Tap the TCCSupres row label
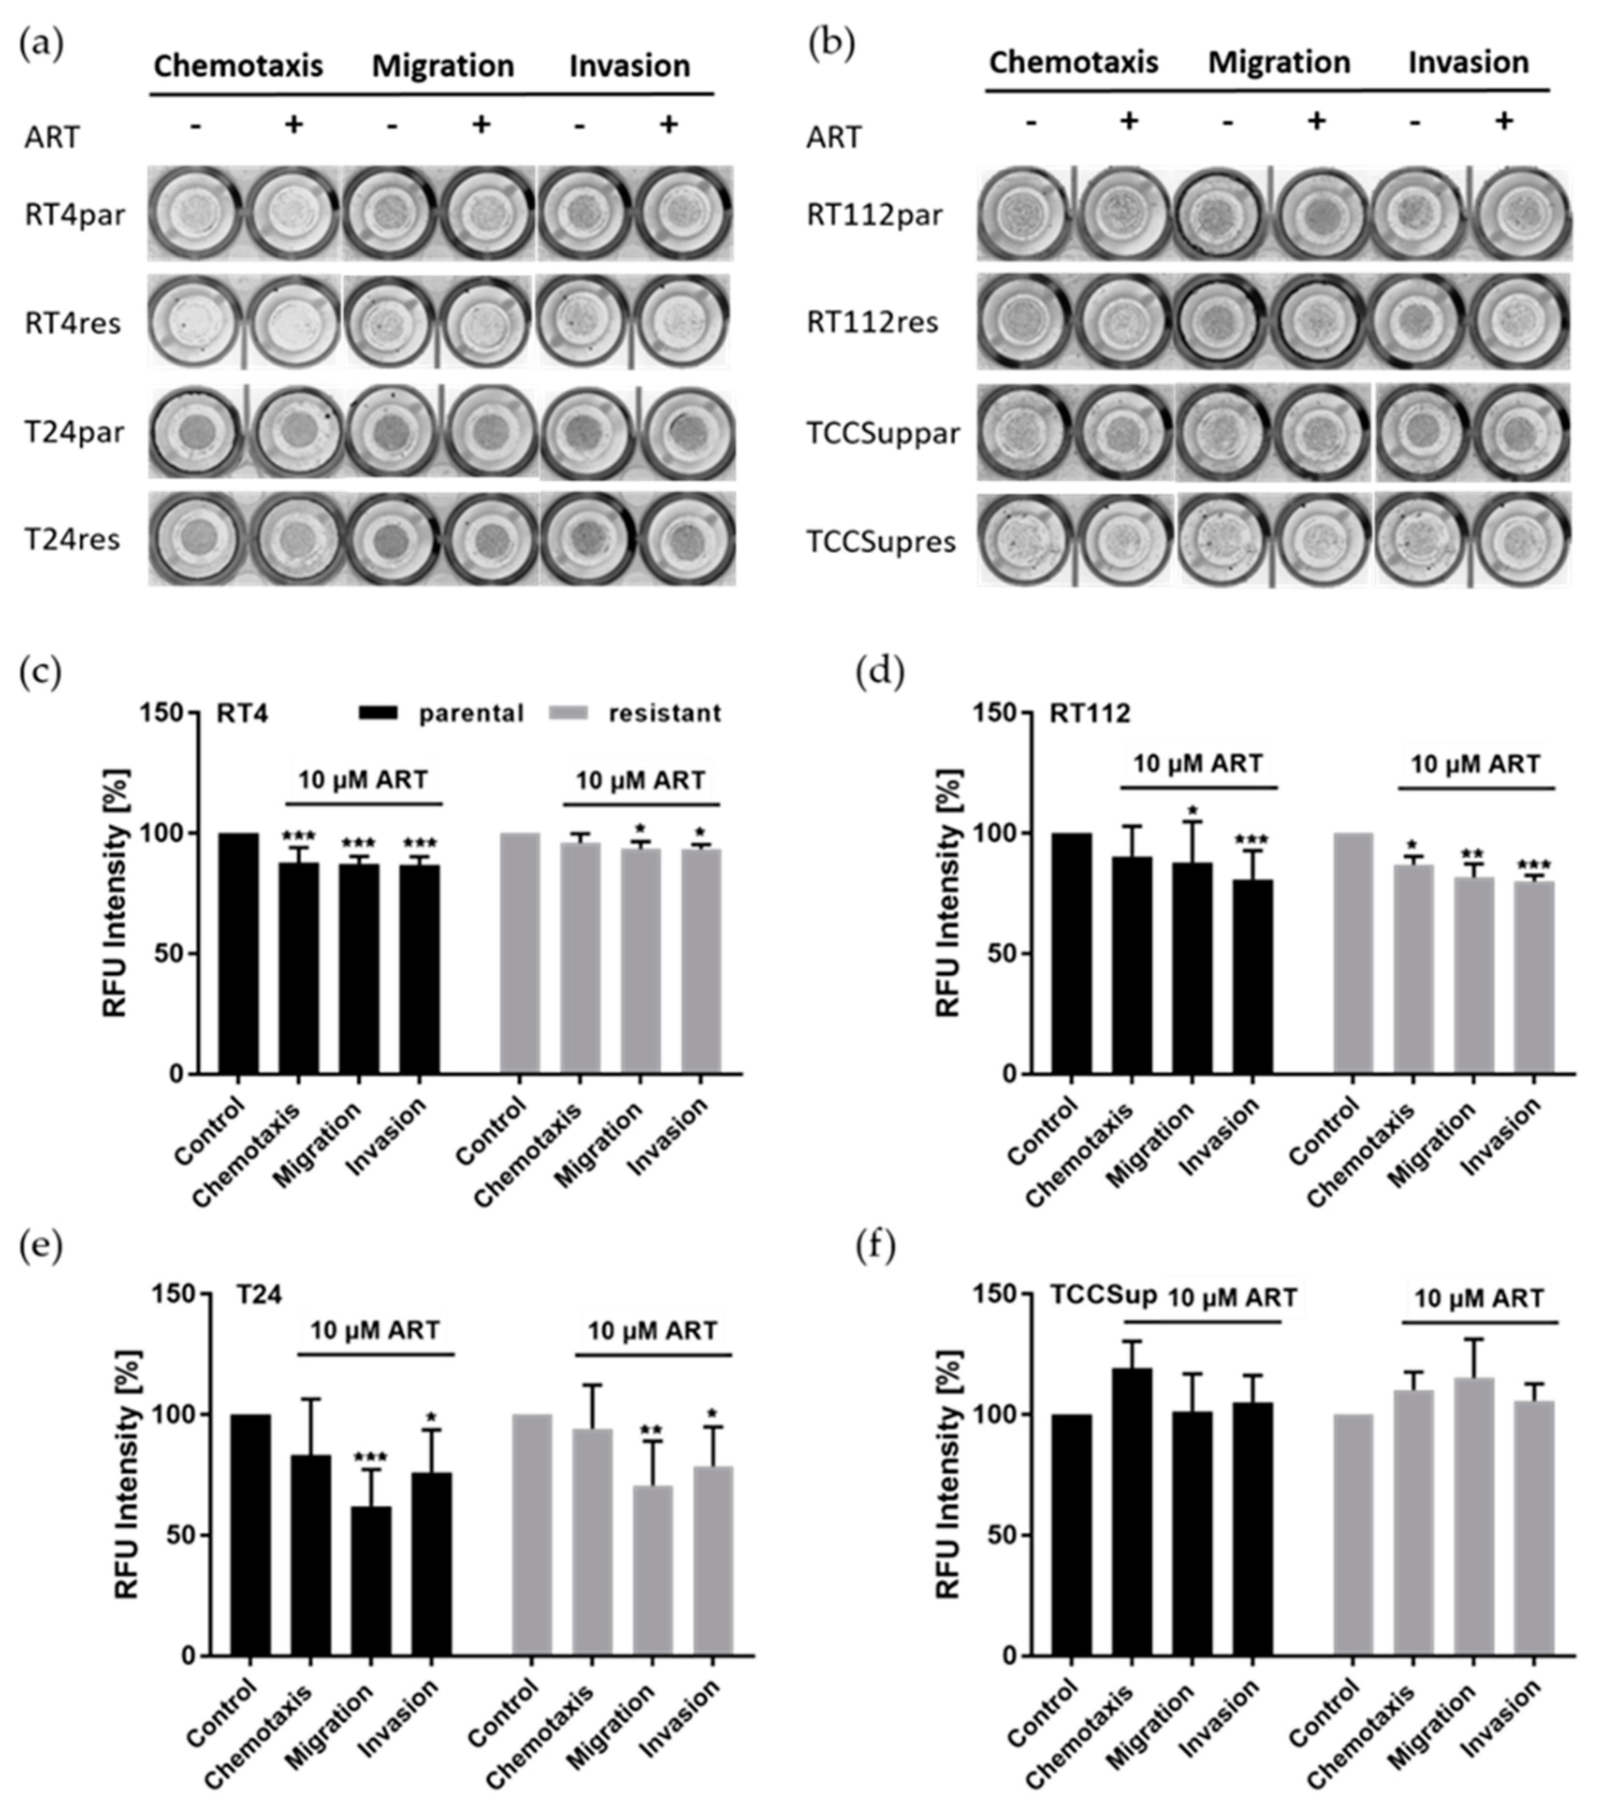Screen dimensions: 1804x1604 click(x=881, y=541)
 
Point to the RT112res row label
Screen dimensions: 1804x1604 click(x=872, y=322)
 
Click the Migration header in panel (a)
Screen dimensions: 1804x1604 click(x=442, y=66)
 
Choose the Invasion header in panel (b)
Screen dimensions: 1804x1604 click(x=1468, y=63)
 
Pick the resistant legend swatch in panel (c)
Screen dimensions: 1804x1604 click(x=569, y=712)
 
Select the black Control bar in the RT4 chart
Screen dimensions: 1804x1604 click(x=238, y=953)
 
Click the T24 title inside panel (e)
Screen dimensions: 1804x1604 click(x=259, y=1295)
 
